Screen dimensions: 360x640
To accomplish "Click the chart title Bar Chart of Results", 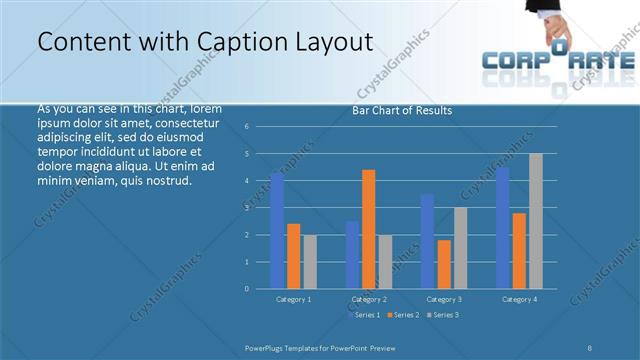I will pyautogui.click(x=402, y=110).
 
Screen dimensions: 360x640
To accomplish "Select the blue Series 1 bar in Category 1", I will pyautogui.click(x=277, y=231).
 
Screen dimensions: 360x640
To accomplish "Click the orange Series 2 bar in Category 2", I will pyautogui.click(x=369, y=229).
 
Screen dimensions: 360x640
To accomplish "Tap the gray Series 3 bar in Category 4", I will pyautogui.click(x=536, y=221).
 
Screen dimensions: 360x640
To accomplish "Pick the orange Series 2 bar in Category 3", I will pyautogui.click(x=444, y=264).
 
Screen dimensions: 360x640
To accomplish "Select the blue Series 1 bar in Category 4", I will pyautogui.click(x=502, y=228).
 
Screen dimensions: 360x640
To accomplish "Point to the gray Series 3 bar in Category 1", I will pyautogui.click(x=310, y=261).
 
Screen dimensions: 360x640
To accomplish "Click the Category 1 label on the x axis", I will pyautogui.click(x=293, y=299).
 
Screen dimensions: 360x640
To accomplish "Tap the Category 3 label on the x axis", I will pyautogui.click(x=443, y=299).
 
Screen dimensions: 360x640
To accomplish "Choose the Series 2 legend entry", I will pyautogui.click(x=403, y=315).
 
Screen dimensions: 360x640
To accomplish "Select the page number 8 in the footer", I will pyautogui.click(x=590, y=348).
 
